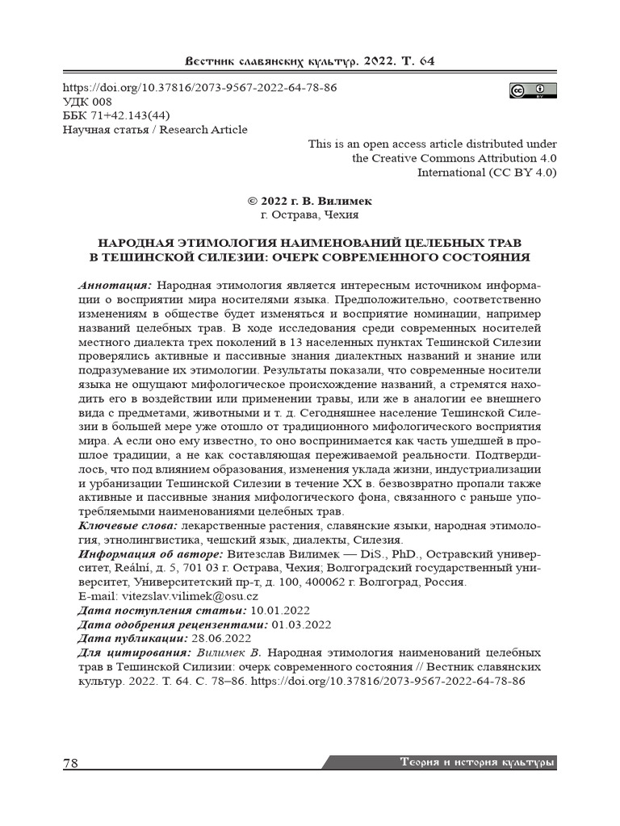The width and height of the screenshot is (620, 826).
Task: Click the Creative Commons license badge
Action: pyautogui.click(x=533, y=90)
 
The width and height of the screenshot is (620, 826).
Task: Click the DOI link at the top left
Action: pyautogui.click(x=199, y=87)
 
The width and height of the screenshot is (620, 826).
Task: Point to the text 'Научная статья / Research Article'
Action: pyautogui.click(x=155, y=129)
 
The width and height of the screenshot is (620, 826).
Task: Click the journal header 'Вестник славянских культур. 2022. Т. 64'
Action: pyautogui.click(x=310, y=62)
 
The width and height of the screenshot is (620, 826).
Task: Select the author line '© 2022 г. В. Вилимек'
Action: pyautogui.click(x=309, y=201)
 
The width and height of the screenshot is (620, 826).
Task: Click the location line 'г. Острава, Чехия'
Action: pyautogui.click(x=309, y=215)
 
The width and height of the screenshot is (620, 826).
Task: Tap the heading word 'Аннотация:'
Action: pyautogui.click(x=115, y=286)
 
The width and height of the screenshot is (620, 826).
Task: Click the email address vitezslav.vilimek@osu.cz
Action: pyautogui.click(x=190, y=597)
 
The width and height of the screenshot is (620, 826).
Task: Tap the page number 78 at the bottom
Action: pyautogui.click(x=71, y=763)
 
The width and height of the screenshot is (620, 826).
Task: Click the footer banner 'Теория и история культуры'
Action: pyautogui.click(x=477, y=762)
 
